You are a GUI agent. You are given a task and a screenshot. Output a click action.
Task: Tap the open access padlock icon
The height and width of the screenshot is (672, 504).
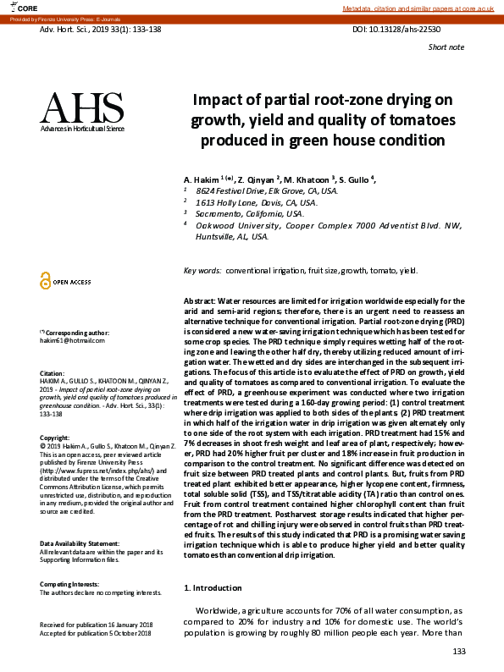(46, 281)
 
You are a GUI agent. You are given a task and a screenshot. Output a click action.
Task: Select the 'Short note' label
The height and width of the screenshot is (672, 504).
(446, 47)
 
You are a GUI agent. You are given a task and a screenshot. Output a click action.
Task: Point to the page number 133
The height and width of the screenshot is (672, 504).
(458, 651)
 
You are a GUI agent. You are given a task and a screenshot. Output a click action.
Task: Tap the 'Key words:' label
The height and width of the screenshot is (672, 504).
(202, 271)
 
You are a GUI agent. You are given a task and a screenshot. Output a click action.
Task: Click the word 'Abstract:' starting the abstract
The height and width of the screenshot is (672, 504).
(199, 301)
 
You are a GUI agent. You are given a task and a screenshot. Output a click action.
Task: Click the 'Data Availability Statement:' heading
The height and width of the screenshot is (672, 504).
(85, 543)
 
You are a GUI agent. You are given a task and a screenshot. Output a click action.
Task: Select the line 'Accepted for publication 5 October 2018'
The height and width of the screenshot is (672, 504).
(96, 633)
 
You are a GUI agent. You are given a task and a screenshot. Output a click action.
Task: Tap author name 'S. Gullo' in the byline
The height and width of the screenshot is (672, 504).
(356, 180)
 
